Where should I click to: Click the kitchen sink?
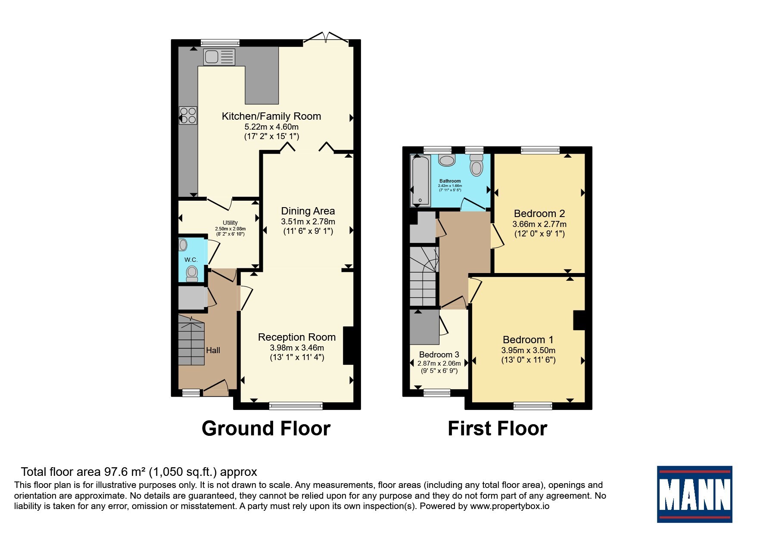[x=219, y=57]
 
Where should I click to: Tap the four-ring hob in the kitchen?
[x=188, y=115]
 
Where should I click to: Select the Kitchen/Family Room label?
[x=271, y=116]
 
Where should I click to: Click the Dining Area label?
[x=308, y=211]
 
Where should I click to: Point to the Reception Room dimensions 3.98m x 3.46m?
[x=297, y=348]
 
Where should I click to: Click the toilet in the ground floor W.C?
[x=192, y=273]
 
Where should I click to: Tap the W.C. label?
[x=191, y=260]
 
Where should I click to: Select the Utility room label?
[x=230, y=223]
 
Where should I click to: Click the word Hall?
[x=213, y=350]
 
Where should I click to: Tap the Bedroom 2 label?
[x=539, y=214]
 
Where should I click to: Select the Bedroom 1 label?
[x=528, y=340]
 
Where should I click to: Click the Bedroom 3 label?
[x=439, y=354]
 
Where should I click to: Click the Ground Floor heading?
[x=266, y=428]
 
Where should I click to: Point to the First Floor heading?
[x=498, y=428]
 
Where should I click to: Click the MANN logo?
[x=694, y=494]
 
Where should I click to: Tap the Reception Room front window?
[x=296, y=405]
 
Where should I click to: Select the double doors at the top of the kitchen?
[x=326, y=38]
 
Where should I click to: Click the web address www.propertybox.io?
[x=510, y=506]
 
